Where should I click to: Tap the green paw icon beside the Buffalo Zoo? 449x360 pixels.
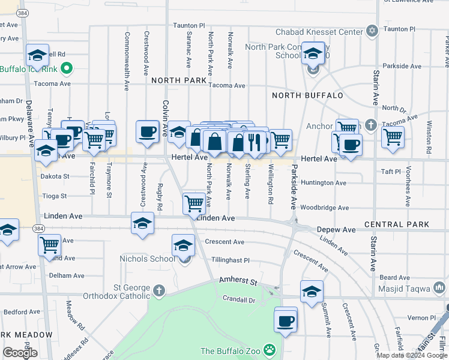click(270, 349)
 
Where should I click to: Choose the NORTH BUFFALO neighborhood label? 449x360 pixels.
click(307, 95)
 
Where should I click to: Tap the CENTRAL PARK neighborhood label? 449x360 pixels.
click(396, 224)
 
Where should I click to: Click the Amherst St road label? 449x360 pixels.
click(238, 281)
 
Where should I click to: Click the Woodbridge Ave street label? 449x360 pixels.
click(324, 208)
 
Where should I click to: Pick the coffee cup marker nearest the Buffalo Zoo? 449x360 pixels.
click(286, 320)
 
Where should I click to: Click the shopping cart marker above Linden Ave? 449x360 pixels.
click(194, 203)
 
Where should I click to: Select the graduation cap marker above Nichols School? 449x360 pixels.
click(183, 245)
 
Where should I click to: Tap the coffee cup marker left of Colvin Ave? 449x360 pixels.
click(147, 131)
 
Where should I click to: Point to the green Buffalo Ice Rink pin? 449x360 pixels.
click(67, 69)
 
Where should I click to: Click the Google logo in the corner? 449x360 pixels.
click(20, 353)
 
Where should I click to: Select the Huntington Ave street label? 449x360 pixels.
click(324, 183)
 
